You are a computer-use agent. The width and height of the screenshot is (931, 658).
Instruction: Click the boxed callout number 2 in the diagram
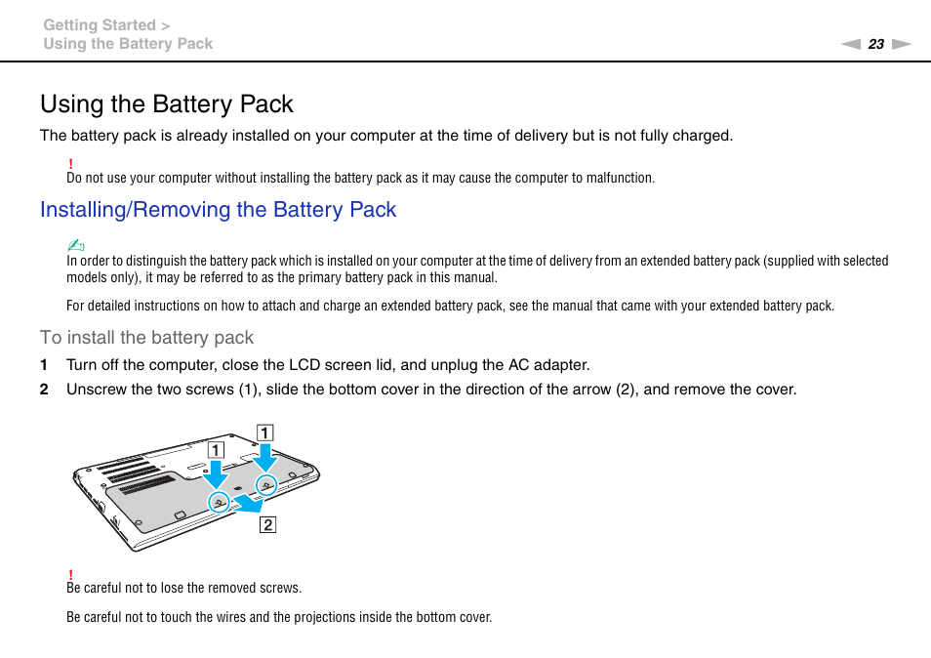[266, 524]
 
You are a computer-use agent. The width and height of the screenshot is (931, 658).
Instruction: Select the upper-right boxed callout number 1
[264, 432]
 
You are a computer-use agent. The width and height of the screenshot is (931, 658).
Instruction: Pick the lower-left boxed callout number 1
[215, 450]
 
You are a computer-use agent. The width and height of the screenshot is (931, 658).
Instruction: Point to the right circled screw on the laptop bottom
[265, 484]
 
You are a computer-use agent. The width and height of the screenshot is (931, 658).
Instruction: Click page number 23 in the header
[875, 44]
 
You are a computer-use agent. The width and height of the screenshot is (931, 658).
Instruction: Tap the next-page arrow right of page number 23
[901, 44]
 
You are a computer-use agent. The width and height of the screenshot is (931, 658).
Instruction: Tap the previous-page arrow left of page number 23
[851, 44]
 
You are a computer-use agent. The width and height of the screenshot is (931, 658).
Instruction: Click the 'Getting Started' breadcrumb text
[99, 25]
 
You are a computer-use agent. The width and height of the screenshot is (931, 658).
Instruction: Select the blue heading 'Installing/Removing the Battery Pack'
[218, 210]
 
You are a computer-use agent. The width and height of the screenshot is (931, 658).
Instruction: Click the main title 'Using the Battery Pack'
[167, 103]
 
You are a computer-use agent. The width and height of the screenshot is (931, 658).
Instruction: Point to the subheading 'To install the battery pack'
[146, 338]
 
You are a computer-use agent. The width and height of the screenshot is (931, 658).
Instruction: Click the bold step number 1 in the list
[43, 365]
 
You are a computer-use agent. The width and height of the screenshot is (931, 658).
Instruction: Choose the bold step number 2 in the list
[43, 390]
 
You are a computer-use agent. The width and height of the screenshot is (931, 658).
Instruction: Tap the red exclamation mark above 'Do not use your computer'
[70, 163]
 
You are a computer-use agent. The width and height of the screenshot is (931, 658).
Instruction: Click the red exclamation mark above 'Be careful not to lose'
[70, 573]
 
